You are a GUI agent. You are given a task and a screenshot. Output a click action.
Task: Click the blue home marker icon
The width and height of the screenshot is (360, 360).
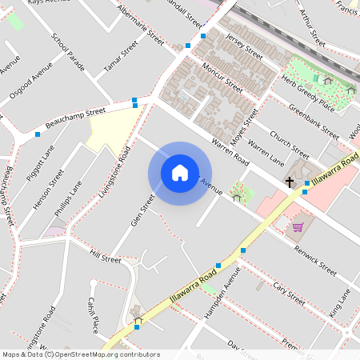coord(180,173)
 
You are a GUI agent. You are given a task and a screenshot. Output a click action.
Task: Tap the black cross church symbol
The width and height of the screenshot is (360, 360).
coord(290,183)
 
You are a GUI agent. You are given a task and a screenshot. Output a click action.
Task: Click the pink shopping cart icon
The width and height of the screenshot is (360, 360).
coord(298,226)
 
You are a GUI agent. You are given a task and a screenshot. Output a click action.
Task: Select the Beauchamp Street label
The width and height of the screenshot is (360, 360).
coord(76,119)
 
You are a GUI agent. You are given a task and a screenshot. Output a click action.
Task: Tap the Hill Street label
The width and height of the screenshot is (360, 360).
coord(105,258)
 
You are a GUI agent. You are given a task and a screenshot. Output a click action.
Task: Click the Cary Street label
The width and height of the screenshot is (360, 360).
coord(289,291)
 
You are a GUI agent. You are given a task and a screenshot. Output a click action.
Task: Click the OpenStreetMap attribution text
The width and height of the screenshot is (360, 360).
coord(80,354)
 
